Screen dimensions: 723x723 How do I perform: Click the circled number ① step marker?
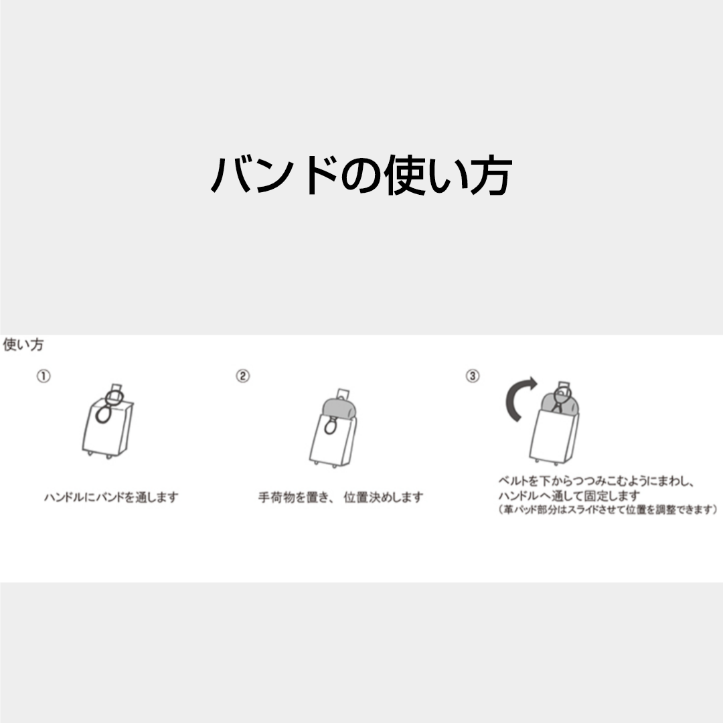click(x=44, y=376)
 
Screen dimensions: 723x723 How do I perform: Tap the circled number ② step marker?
click(x=242, y=376)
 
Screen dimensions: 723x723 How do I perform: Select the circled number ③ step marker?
click(x=472, y=376)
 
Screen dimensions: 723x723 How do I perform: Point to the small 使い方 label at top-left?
click(x=23, y=345)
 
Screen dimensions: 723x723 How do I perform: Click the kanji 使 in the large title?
click(x=404, y=175)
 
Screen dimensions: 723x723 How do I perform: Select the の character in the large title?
click(x=361, y=176)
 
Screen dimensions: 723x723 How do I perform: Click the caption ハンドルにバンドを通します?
click(x=111, y=497)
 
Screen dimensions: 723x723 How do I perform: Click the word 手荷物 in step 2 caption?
click(x=276, y=497)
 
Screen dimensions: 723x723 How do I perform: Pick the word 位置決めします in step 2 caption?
click(x=383, y=497)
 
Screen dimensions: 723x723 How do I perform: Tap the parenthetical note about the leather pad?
click(x=608, y=509)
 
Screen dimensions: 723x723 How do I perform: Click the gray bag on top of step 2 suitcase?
click(x=339, y=408)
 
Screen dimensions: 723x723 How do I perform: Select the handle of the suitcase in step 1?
click(x=116, y=388)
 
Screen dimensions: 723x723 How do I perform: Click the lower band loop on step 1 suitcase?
click(x=103, y=414)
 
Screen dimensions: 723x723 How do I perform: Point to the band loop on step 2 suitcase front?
click(x=330, y=426)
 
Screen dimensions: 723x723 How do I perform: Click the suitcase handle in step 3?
click(x=563, y=386)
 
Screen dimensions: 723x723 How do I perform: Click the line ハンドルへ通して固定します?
click(x=569, y=495)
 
